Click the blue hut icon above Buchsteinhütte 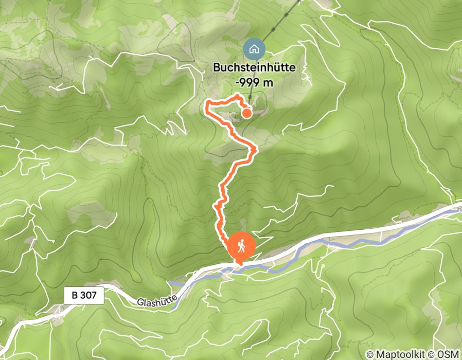[x=254, y=49]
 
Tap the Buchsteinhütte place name [x=259, y=67]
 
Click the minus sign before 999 [x=238, y=82]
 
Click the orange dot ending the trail [x=246, y=113]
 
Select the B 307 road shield [x=84, y=295]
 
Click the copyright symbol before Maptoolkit [x=370, y=354]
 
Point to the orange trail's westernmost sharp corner [x=207, y=104]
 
